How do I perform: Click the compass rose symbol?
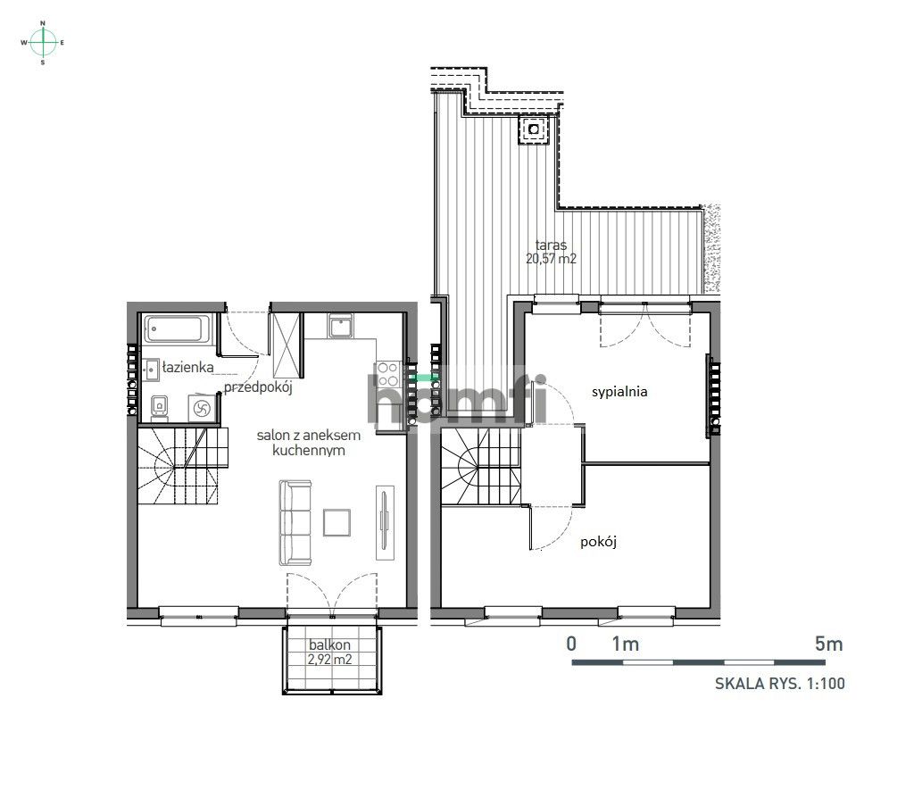pos(43,42)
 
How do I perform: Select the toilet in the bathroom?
pos(159,406)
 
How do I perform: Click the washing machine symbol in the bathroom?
pos(201,408)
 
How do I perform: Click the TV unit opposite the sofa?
pos(385,522)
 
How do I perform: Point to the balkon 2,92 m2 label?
pos(330,653)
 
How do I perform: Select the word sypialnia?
pos(619,391)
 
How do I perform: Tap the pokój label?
pos(599,541)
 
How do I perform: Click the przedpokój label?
pos(259,387)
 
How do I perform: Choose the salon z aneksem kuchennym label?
pos(309,443)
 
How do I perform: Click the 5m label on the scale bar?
pos(828,644)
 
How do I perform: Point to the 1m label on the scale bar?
pos(625,644)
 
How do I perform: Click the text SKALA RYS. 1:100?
pos(779,684)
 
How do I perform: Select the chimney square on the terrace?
pos(534,129)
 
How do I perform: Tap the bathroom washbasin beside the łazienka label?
pos(152,366)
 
